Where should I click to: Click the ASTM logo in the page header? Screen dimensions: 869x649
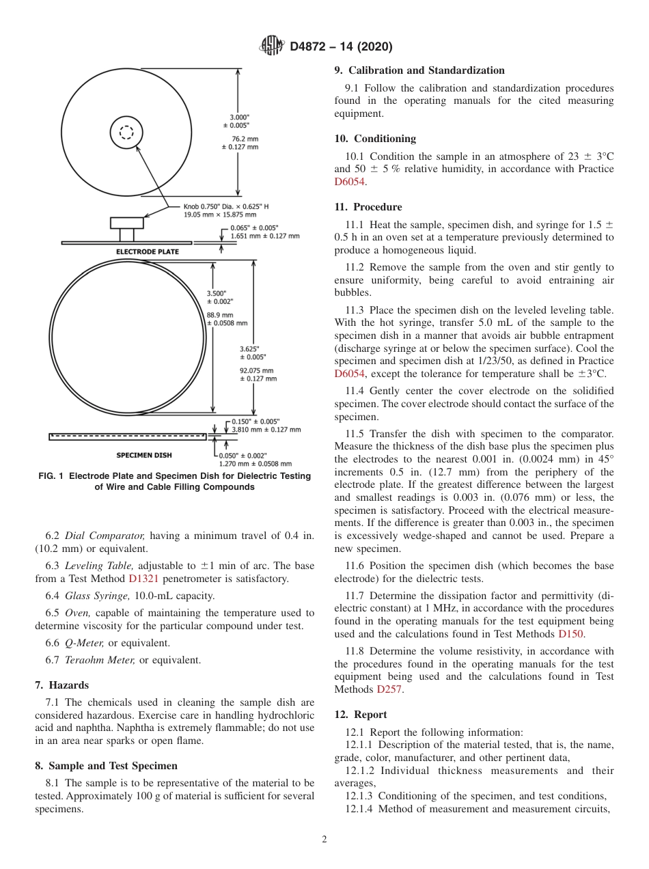point(272,46)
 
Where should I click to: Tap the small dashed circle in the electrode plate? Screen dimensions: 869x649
point(126,133)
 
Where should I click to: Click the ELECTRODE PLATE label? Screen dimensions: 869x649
point(147,252)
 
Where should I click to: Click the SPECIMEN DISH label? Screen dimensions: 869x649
point(144,455)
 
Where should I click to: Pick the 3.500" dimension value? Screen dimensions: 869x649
point(219,293)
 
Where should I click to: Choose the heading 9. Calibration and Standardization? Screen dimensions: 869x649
point(419,70)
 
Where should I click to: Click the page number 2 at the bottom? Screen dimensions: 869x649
point(324,840)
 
